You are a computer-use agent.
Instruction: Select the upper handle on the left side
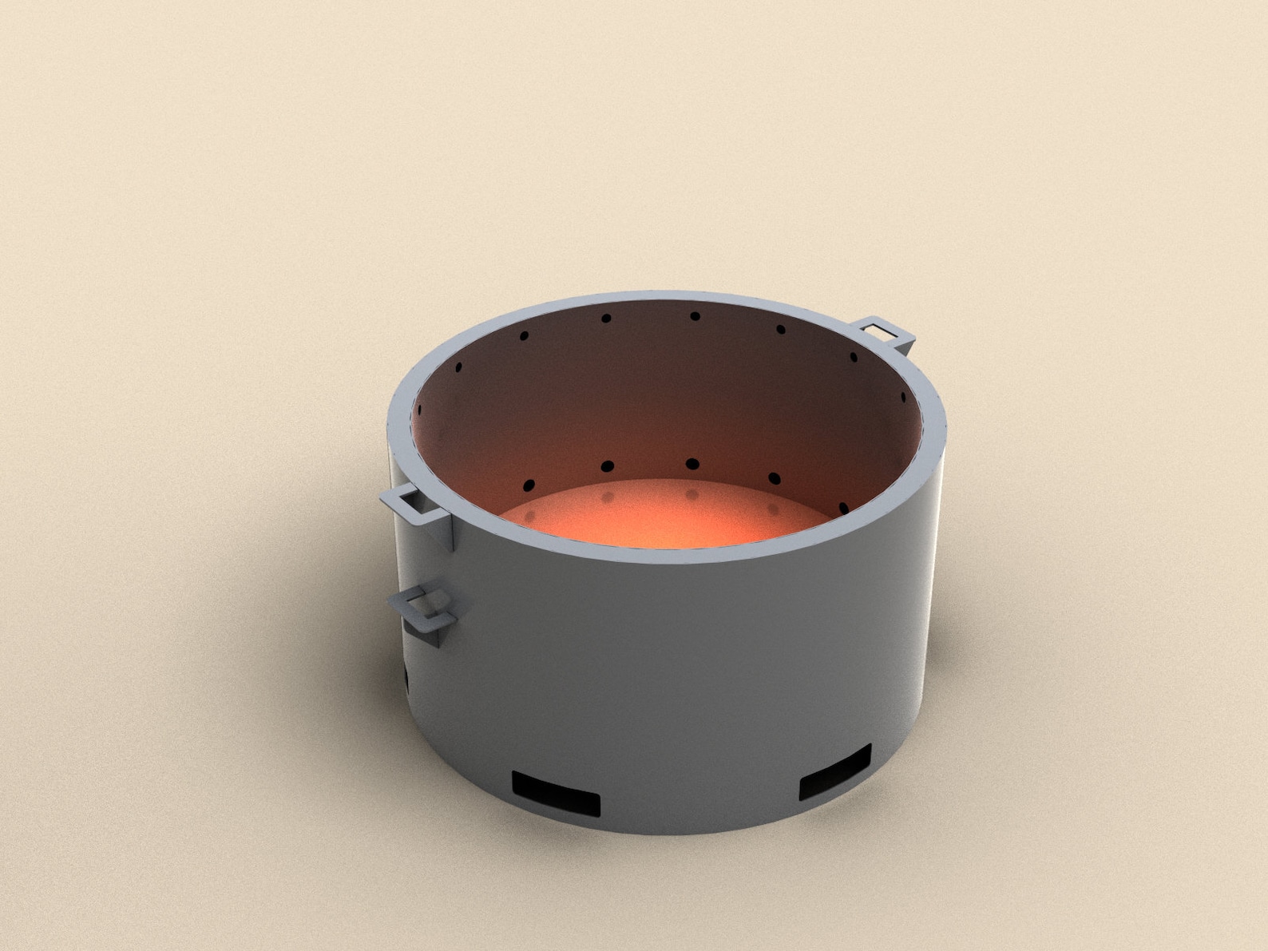tap(410, 503)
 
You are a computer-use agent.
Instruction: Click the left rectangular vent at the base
tap(556, 792)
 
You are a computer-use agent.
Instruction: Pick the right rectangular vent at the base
tap(835, 773)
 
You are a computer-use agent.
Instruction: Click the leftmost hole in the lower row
tap(528, 485)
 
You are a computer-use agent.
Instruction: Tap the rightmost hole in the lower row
tap(844, 508)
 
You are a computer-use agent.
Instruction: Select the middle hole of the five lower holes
tap(691, 464)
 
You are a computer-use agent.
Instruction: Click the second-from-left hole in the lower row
tap(607, 466)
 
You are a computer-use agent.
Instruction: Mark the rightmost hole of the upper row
tap(903, 397)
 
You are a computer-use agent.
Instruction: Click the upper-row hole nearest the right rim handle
tap(853, 357)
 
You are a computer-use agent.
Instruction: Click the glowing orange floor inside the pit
tap(663, 519)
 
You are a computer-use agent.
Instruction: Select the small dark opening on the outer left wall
tap(406, 679)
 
